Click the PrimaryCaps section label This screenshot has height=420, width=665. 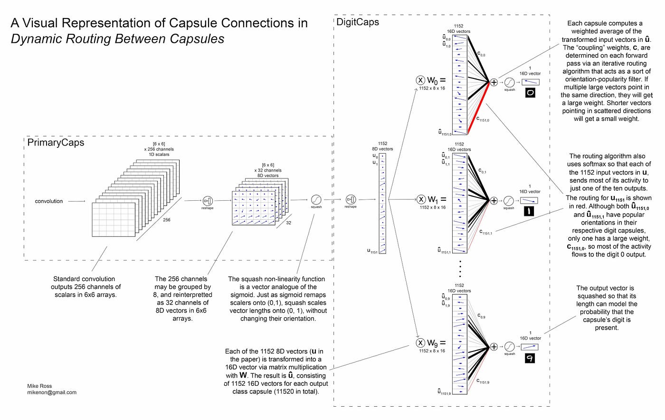click(x=56, y=143)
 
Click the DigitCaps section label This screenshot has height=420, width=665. click(x=358, y=22)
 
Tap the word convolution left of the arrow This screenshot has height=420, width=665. click(x=49, y=201)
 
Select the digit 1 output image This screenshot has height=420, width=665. click(x=530, y=211)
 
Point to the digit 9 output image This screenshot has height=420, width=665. click(x=530, y=358)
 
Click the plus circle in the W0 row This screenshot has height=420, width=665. click(x=494, y=82)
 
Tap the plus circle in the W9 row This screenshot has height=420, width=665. click(x=494, y=347)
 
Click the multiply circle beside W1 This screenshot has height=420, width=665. click(x=420, y=199)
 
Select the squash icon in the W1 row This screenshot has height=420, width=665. click(x=509, y=201)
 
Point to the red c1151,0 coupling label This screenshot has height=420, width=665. click(x=483, y=119)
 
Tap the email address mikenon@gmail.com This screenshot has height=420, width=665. click(x=52, y=392)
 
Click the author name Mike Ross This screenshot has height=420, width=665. click(x=40, y=386)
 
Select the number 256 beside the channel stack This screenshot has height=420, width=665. click(x=167, y=220)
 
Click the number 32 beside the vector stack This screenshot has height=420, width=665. click(x=288, y=223)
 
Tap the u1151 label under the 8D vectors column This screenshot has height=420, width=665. click(x=372, y=251)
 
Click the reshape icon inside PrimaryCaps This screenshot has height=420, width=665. click(x=208, y=201)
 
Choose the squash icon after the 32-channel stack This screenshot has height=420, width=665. click(x=316, y=200)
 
